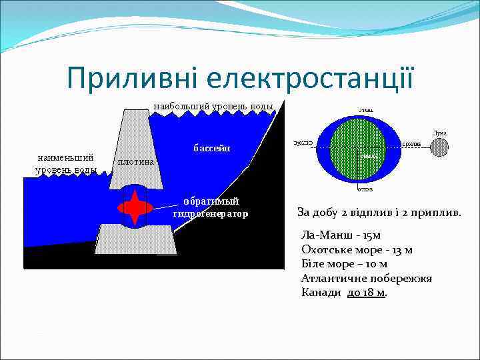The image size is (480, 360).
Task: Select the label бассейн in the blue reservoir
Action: [x=212, y=148]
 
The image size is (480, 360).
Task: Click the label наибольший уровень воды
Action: [x=213, y=106]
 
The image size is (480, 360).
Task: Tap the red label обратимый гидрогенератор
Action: [x=210, y=207]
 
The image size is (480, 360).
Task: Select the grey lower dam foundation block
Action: [x=137, y=239]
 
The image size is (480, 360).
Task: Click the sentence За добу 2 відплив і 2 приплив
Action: [x=379, y=213]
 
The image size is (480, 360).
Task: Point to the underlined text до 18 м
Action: [x=366, y=292]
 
